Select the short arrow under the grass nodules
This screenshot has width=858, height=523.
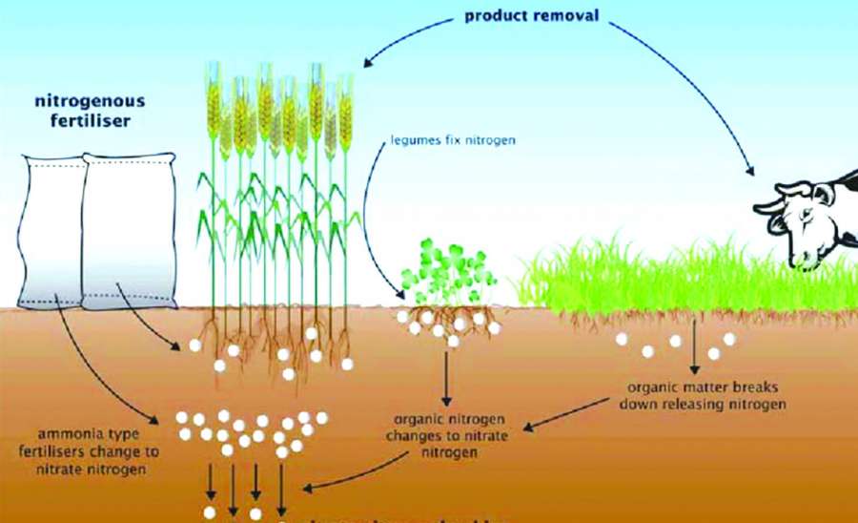[692, 352]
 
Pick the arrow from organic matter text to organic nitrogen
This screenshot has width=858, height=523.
[571, 413]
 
